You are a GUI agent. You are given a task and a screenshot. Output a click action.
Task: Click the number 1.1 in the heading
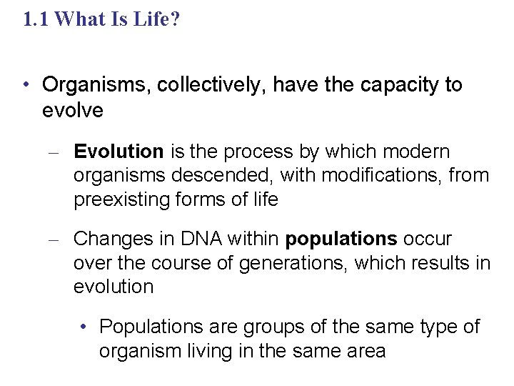(x=36, y=19)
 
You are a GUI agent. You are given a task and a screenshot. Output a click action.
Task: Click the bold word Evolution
(x=119, y=152)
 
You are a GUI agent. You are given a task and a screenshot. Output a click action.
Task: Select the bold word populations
(x=341, y=239)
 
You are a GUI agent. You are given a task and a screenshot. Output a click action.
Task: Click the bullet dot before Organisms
(x=26, y=85)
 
